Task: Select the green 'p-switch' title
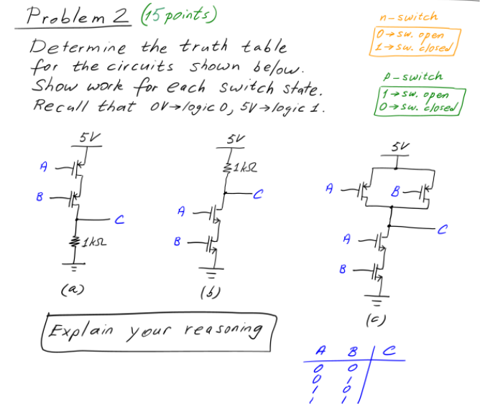pyautogui.click(x=413, y=76)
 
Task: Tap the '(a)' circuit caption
pyautogui.click(x=72, y=289)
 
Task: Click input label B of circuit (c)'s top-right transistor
pyautogui.click(x=394, y=191)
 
